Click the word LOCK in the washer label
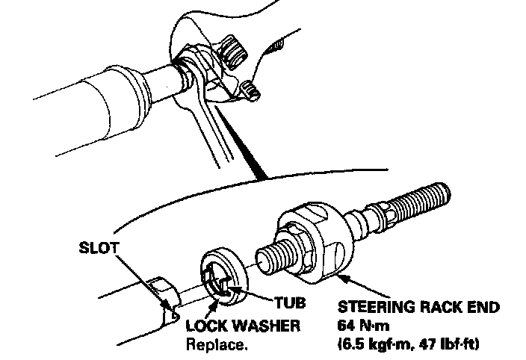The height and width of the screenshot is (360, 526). coord(205,327)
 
